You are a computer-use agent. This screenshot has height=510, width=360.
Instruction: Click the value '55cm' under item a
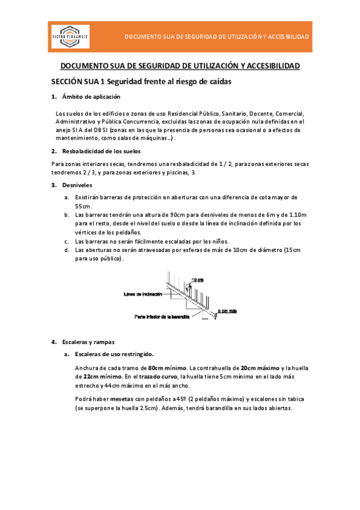[x=83, y=206]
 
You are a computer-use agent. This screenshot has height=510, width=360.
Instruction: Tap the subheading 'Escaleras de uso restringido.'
[x=114, y=354]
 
